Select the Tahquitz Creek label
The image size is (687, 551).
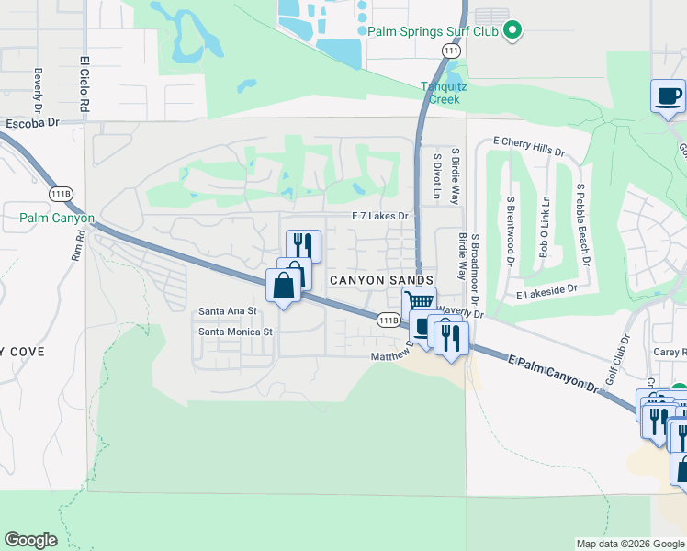tap(445, 92)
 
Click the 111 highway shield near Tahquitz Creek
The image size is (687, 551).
tap(450, 53)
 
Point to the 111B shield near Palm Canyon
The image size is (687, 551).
tap(62, 194)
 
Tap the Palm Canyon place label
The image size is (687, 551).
tap(57, 219)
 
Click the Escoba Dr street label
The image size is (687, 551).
tap(31, 122)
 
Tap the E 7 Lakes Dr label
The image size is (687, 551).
tap(379, 216)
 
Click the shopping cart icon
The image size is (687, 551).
tap(419, 301)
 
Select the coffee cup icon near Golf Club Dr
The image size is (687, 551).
tap(669, 95)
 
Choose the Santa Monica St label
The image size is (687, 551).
tap(236, 332)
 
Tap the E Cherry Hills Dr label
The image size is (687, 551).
tap(528, 146)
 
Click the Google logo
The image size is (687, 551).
tap(30, 540)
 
